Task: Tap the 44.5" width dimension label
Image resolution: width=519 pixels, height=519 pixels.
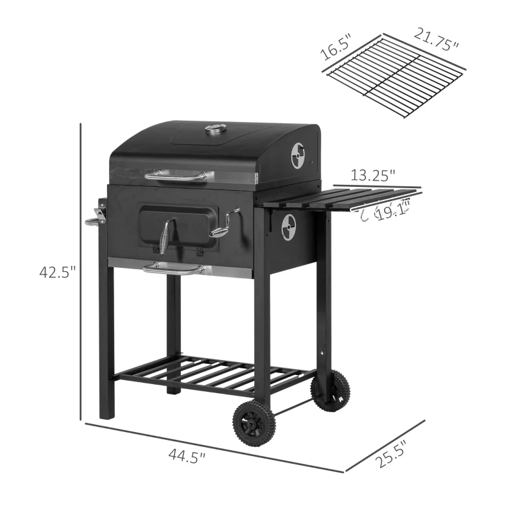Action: [x=186, y=457]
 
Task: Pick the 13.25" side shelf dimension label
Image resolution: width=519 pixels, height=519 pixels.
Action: [x=373, y=175]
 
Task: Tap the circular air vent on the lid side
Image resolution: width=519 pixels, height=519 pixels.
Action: [x=298, y=156]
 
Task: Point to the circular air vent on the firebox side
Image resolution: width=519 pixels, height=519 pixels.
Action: [x=288, y=227]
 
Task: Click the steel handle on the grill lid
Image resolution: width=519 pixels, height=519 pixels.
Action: [x=179, y=175]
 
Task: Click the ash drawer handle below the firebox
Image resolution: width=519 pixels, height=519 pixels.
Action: [x=173, y=268]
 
